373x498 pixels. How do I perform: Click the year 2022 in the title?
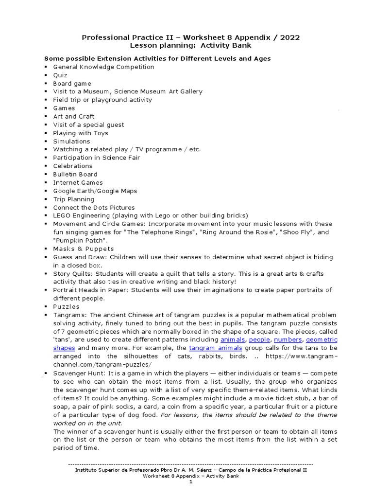290,37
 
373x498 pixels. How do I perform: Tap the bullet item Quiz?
60,75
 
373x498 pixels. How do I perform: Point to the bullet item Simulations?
71,141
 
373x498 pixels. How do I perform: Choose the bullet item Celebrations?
72,166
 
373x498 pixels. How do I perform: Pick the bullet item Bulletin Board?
75,174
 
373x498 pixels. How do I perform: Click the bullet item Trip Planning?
74,199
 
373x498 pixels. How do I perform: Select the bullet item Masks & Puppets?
77,249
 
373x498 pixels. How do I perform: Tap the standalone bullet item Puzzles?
66,306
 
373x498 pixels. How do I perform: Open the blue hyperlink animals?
233,339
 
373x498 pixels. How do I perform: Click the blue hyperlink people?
260,339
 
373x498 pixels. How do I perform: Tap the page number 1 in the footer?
191,482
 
